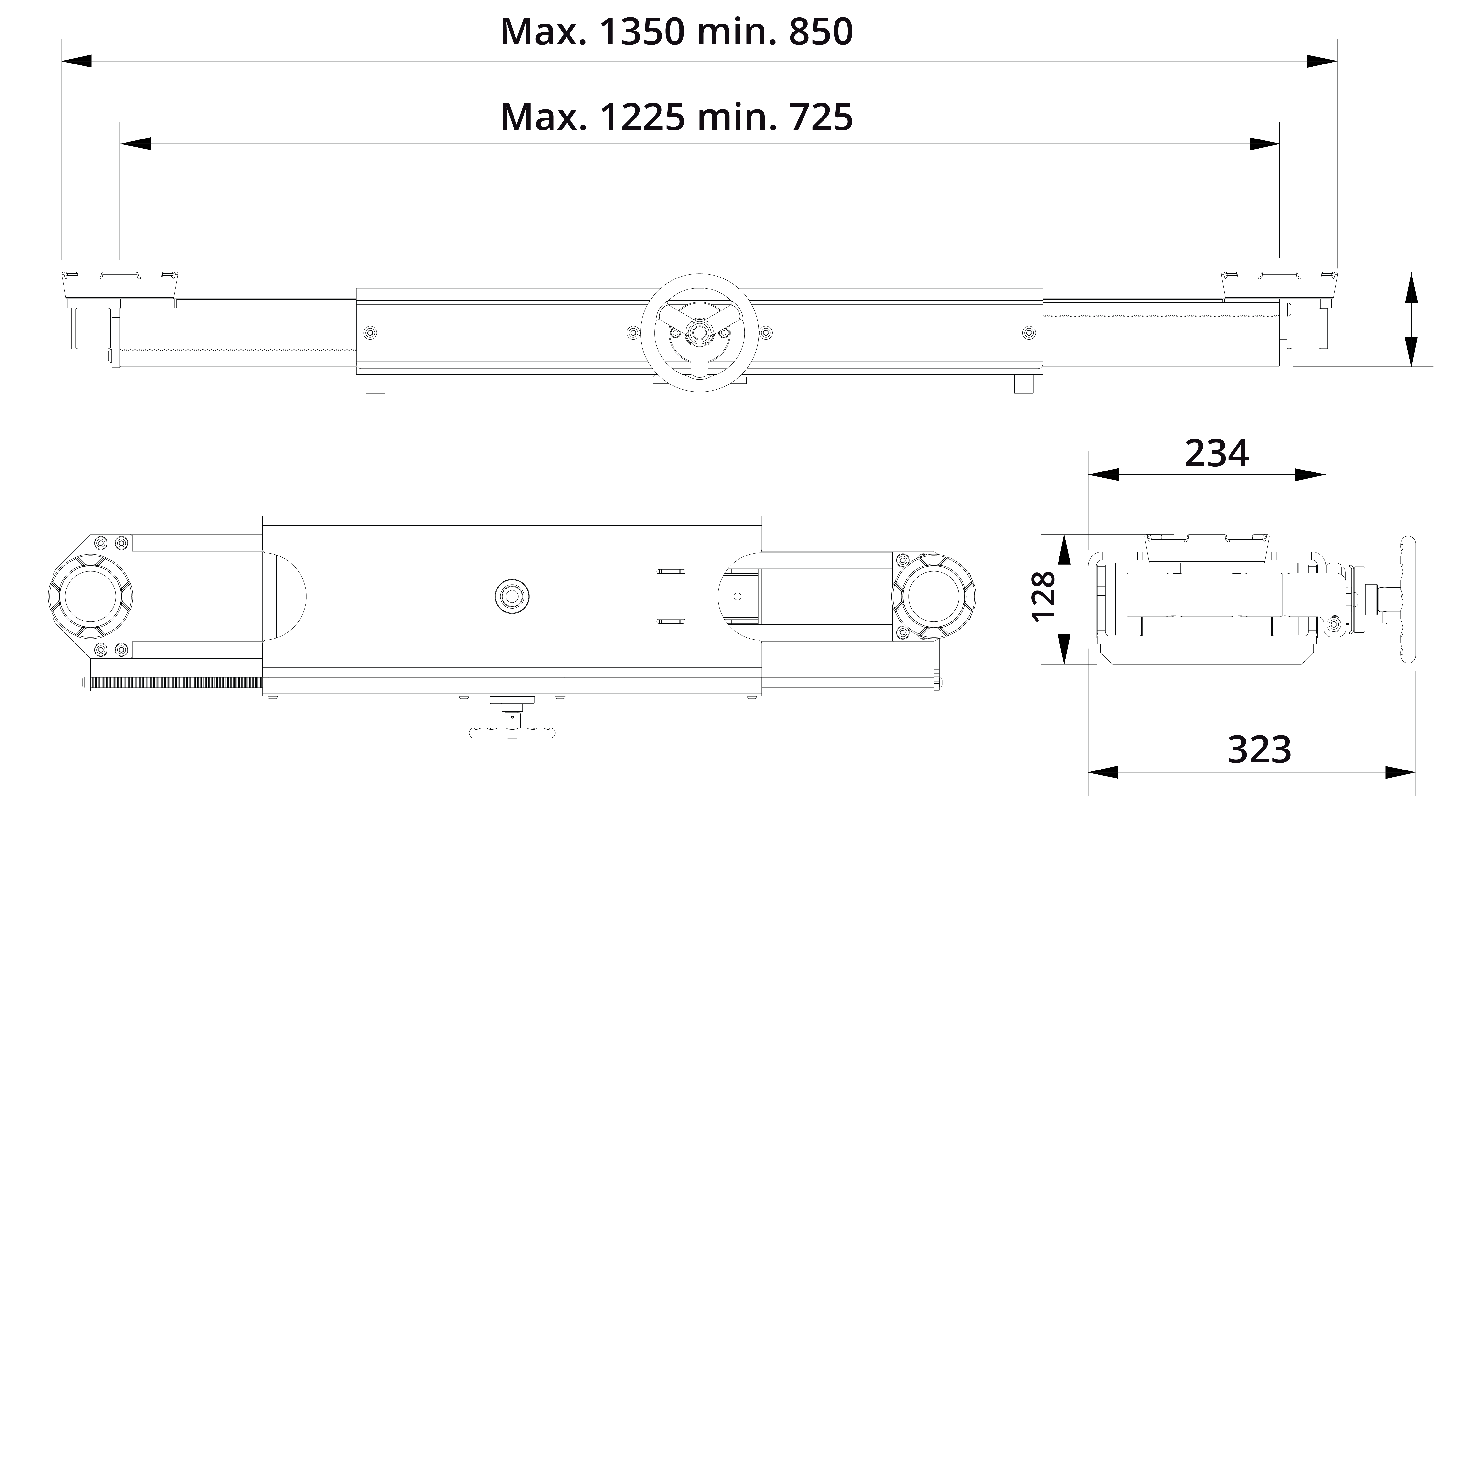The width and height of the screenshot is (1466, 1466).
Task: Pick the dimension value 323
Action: click(x=1259, y=750)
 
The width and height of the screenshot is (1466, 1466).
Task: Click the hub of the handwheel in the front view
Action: click(x=698, y=332)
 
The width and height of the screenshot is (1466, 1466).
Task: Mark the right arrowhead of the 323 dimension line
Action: click(x=1401, y=772)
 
